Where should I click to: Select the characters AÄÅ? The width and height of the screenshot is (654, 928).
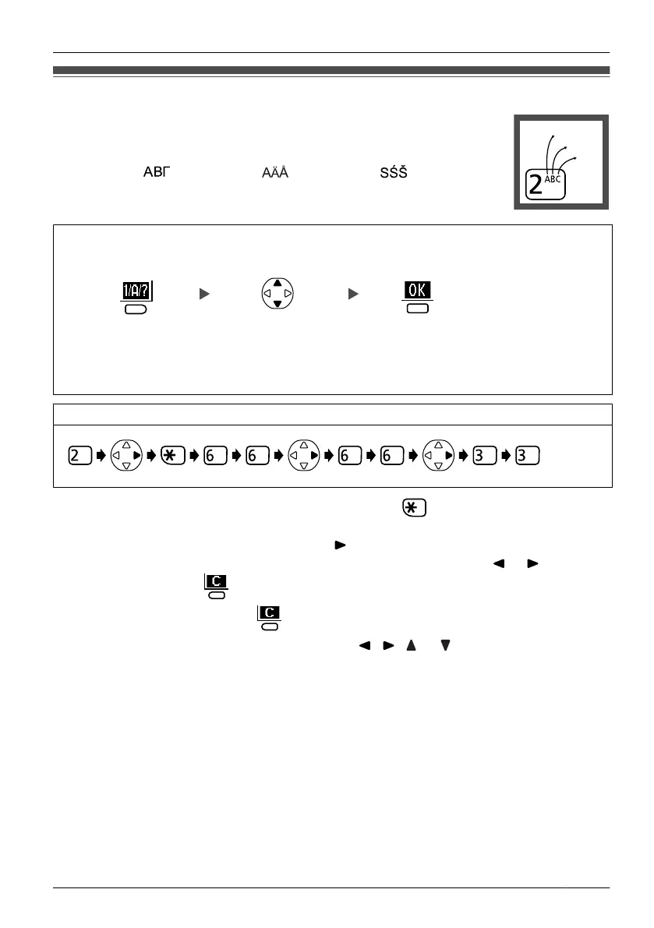[274, 172]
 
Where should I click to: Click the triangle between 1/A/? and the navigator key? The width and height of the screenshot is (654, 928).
[203, 294]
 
